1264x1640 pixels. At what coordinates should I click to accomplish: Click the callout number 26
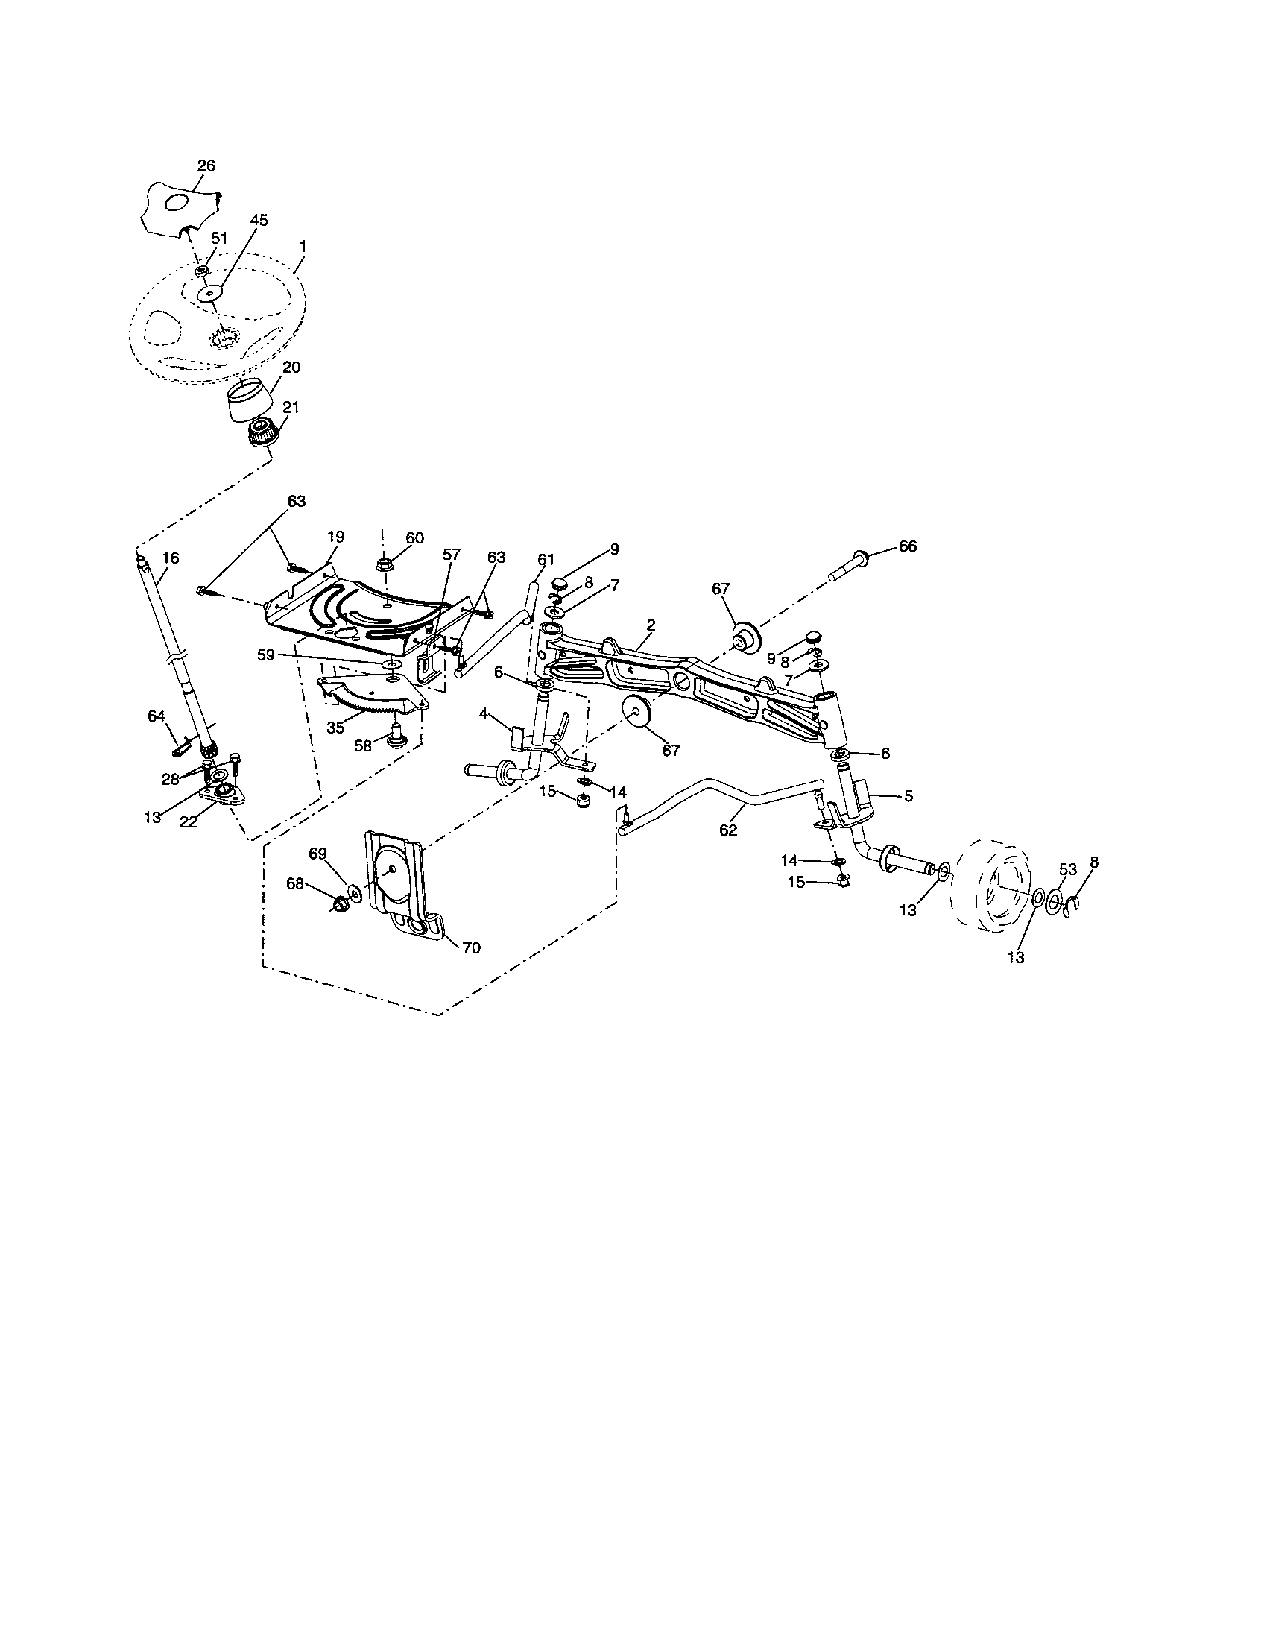[206, 166]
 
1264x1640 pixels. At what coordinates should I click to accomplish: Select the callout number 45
[258, 220]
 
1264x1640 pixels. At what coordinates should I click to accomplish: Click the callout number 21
[291, 406]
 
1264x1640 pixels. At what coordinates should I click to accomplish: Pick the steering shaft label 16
[171, 558]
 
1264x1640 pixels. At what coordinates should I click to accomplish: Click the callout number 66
[908, 546]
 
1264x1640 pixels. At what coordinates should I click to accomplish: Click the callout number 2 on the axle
[651, 625]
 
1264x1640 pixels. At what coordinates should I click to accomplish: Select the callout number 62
[728, 830]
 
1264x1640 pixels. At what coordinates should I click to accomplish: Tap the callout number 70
[470, 947]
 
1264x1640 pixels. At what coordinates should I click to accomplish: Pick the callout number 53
[1067, 869]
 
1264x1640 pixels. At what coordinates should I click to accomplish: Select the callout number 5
[908, 796]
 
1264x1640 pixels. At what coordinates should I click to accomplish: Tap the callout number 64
[156, 716]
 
